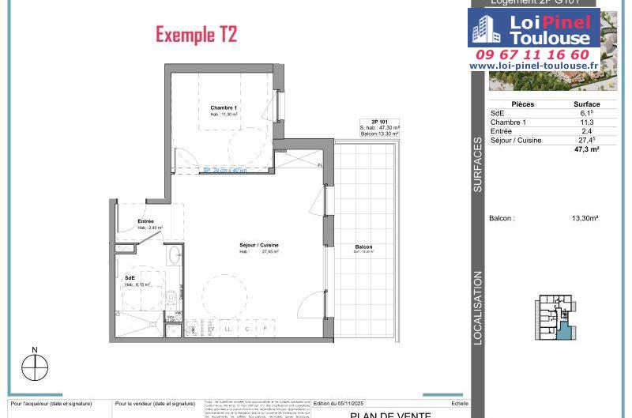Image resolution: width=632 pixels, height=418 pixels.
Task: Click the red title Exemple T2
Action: pyautogui.click(x=196, y=35)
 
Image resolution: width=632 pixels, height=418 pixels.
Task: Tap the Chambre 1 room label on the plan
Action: pyautogui.click(x=224, y=108)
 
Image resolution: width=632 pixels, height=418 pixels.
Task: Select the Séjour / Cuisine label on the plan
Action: pyautogui.click(x=259, y=246)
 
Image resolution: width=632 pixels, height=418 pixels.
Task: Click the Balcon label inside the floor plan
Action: pyautogui.click(x=363, y=247)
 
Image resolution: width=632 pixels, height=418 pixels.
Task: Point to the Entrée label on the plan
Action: pyautogui.click(x=146, y=221)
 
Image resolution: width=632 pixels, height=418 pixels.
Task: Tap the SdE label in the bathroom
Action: pyautogui.click(x=130, y=278)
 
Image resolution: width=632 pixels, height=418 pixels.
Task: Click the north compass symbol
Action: pyautogui.click(x=35, y=367)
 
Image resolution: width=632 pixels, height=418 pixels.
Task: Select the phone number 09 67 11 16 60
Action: pyautogui.click(x=532, y=55)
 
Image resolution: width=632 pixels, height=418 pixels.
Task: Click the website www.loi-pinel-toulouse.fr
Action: pyautogui.click(x=532, y=66)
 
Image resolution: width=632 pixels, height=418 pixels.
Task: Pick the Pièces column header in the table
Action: pyautogui.click(x=523, y=104)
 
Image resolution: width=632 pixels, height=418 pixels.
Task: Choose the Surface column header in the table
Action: pyautogui.click(x=586, y=104)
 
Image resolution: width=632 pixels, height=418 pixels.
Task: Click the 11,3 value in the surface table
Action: pyautogui.click(x=586, y=122)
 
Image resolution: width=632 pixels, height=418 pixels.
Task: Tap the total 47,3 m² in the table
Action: pyautogui.click(x=586, y=149)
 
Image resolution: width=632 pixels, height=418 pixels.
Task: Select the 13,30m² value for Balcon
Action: pyautogui.click(x=585, y=218)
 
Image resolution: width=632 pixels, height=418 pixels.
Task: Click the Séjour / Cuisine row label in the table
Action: pyautogui.click(x=516, y=140)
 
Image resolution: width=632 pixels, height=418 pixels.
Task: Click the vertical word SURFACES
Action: pyautogui.click(x=478, y=165)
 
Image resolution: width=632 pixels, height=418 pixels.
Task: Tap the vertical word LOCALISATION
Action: pyautogui.click(x=478, y=308)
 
